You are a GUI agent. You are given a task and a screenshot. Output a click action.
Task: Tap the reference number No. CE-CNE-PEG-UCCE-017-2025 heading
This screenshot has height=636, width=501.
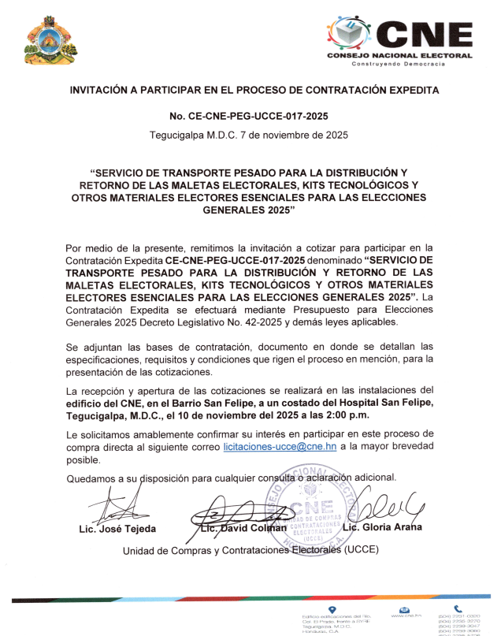253,116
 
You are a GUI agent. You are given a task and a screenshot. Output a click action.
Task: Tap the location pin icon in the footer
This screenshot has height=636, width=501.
331,609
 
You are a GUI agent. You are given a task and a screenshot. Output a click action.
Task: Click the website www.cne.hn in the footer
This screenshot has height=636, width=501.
406,615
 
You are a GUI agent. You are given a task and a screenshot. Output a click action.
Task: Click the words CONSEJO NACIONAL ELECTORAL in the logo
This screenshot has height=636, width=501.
399,55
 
